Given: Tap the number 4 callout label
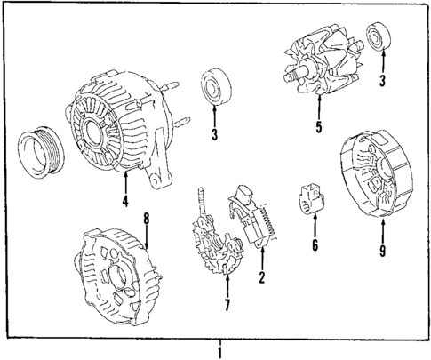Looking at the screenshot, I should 124,201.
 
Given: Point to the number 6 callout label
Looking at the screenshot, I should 314,244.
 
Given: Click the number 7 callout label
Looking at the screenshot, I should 227,307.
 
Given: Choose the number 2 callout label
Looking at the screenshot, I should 262,279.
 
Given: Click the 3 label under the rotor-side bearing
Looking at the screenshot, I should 382,82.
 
